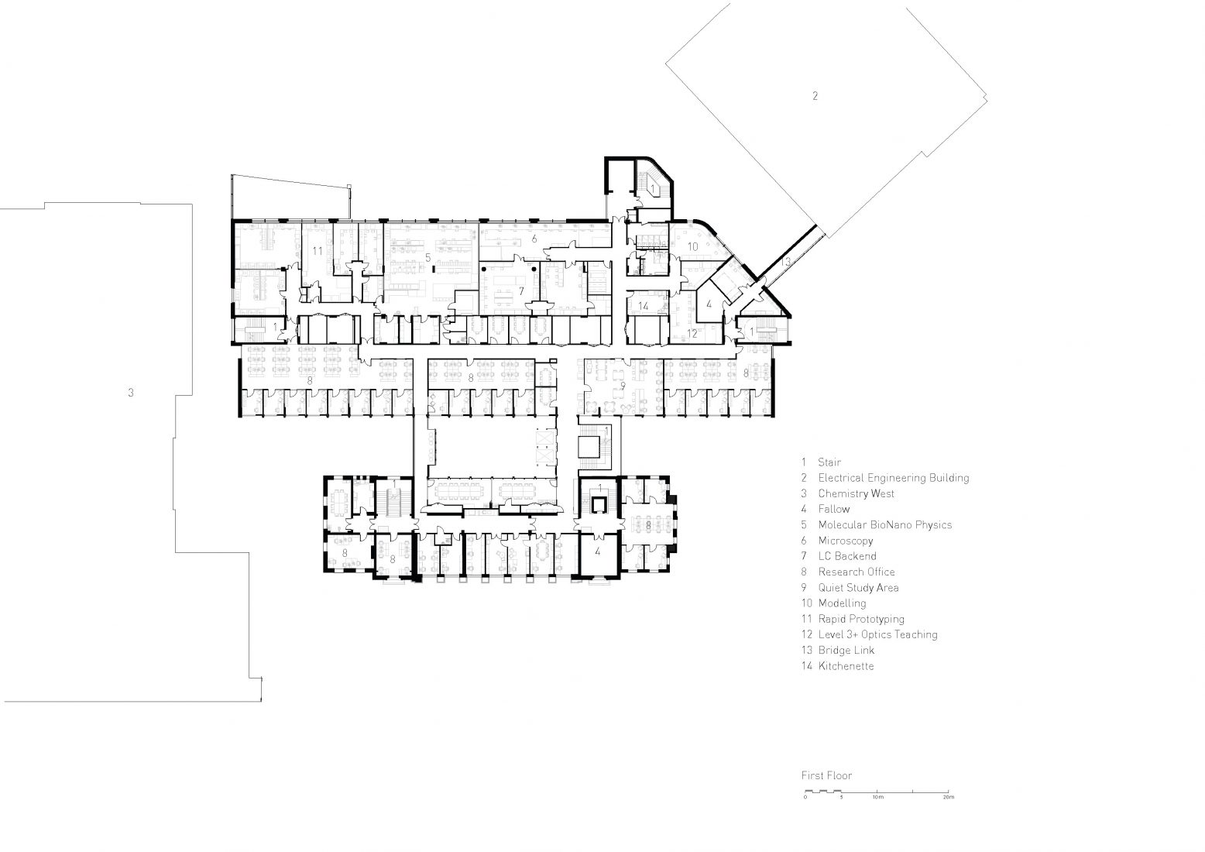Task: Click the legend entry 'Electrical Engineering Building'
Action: coord(893,478)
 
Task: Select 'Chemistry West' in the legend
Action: coord(856,493)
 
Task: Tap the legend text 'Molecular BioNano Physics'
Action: coord(884,525)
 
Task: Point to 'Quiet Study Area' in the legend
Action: coord(858,587)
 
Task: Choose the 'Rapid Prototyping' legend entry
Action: coord(860,619)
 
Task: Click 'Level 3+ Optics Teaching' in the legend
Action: coord(877,634)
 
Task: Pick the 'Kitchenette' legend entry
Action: coord(846,666)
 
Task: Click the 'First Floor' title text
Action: coord(826,775)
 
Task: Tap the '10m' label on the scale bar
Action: coord(877,797)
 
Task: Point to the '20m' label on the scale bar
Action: coord(949,797)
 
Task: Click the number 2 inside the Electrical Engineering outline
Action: coord(814,96)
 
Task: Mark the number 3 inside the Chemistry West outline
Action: coord(131,393)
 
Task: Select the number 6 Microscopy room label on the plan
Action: coord(534,237)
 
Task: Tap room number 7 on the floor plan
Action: coord(522,291)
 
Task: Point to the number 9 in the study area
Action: coord(622,385)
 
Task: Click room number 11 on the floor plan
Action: coord(318,251)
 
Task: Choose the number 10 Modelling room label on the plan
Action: coord(693,246)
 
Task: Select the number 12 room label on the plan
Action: coord(693,334)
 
